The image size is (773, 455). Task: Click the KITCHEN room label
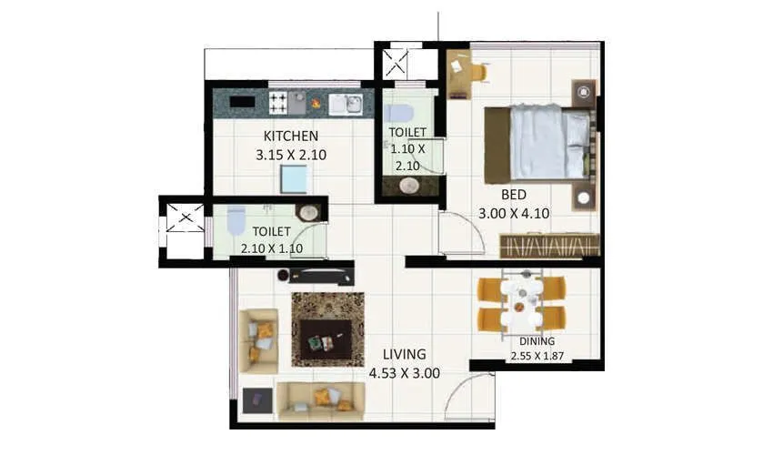[291, 136]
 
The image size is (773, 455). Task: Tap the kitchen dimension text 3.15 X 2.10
[291, 155]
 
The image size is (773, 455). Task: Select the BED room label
[514, 194]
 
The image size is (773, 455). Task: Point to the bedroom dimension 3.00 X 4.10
[514, 214]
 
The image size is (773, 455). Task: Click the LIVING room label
[405, 353]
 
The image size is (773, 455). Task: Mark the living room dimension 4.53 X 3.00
[405, 372]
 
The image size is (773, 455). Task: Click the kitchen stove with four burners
[278, 103]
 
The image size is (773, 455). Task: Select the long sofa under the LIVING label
[320, 398]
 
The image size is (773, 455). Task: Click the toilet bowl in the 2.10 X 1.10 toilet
[236, 221]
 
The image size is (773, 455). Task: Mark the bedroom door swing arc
[462, 233]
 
